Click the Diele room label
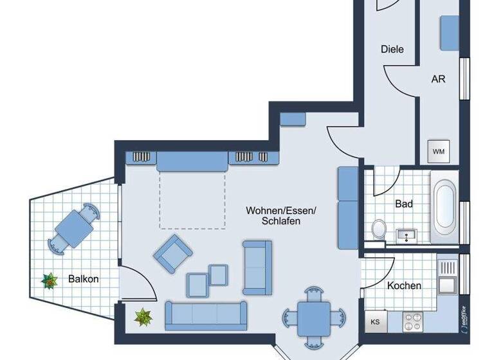[x=392, y=49]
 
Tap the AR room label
[x=438, y=80]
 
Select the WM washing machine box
[x=439, y=152]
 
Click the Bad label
[x=404, y=204]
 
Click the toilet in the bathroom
[x=379, y=229]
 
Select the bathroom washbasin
[x=407, y=236]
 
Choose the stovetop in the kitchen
[x=413, y=319]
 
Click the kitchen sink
[x=446, y=283]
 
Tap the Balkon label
[x=84, y=280]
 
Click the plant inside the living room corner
[x=143, y=316]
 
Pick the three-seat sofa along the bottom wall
[x=206, y=314]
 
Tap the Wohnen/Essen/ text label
[x=281, y=210]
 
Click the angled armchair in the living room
[x=172, y=253]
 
